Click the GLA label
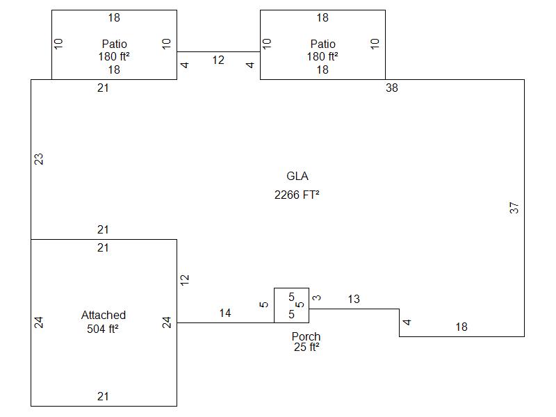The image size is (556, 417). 297,177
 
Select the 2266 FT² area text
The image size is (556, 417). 297,195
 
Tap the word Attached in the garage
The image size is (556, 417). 104,316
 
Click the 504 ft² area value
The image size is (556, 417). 104,329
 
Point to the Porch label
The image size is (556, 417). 306,337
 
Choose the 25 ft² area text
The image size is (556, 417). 306,347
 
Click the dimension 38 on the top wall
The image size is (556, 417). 392,88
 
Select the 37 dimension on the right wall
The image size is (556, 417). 514,207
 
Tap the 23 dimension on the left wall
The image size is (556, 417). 40,159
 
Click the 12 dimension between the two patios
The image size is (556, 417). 218,60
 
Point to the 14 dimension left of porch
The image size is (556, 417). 225,313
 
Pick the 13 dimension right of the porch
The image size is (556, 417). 354,300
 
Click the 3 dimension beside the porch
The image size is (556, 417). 317,297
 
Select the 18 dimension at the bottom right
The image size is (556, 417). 461,327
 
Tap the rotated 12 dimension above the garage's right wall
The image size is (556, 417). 185,279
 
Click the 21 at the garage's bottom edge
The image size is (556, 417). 103,397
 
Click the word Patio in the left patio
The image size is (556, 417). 114,44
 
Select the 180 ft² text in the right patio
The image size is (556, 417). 322,57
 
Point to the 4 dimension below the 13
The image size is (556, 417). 407,322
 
